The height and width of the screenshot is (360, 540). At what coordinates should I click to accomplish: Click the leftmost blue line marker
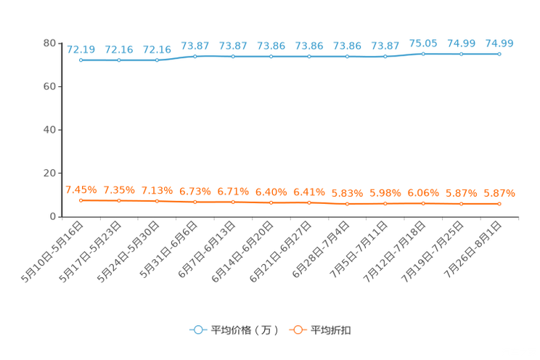point(81,60)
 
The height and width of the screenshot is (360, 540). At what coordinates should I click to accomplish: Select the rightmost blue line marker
point(499,54)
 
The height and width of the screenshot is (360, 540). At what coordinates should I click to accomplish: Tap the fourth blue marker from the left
point(195,56)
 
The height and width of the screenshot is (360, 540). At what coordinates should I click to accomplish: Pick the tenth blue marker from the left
point(423,54)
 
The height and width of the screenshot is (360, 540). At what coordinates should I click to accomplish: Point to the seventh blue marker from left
point(309,56)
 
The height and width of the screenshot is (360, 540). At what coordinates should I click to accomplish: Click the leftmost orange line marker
point(81,200)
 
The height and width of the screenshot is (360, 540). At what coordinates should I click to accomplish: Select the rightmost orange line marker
point(499,204)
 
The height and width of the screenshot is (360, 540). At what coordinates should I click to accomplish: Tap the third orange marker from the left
point(157,201)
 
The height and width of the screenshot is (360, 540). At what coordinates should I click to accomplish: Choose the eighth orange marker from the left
point(347,204)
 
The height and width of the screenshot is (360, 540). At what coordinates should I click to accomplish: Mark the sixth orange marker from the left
point(271,202)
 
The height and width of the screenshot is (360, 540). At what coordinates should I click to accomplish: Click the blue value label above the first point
point(81,49)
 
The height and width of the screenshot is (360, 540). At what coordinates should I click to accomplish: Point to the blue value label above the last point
point(499,44)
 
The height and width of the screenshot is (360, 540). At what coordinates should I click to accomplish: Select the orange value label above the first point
point(81,190)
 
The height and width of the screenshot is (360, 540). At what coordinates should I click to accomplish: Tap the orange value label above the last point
point(499,194)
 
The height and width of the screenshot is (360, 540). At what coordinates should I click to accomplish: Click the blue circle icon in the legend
point(198,330)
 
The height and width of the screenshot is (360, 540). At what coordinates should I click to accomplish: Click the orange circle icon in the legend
point(297,330)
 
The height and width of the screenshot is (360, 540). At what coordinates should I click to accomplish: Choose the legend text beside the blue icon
point(245,330)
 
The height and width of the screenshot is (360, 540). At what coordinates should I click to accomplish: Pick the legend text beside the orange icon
point(331,330)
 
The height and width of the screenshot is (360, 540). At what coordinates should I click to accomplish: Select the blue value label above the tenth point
point(423,44)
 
